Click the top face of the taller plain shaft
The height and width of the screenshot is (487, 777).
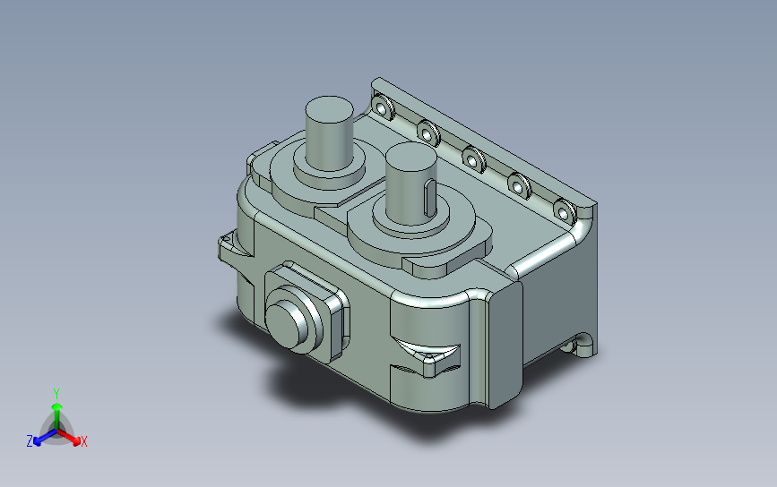coord(329,109)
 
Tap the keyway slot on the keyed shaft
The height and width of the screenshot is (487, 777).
coord(429,198)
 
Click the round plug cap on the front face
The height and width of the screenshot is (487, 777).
coord(289,320)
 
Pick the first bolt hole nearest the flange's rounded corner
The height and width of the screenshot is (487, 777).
coord(382,107)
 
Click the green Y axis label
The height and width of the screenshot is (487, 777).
coord(56,394)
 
